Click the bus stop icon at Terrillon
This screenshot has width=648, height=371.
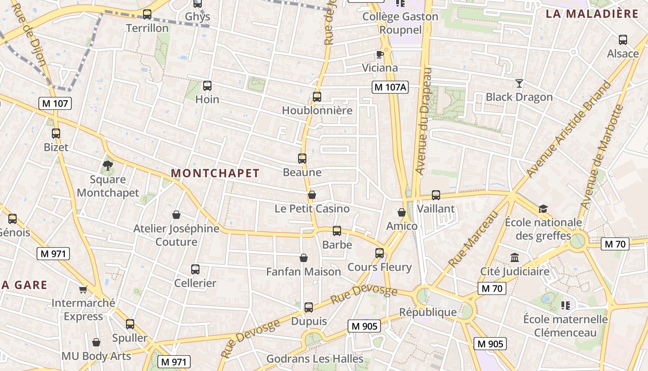(147, 14)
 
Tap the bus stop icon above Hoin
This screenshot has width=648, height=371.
(207, 86)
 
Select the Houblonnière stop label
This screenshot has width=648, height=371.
(317, 110)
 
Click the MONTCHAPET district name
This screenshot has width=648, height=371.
(215, 173)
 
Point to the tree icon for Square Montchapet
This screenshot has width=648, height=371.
(108, 166)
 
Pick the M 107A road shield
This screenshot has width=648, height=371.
(390, 87)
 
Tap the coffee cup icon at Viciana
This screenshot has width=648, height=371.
(380, 54)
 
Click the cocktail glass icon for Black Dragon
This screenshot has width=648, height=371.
(519, 83)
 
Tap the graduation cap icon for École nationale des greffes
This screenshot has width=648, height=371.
(543, 209)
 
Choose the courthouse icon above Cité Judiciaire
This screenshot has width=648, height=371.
(515, 258)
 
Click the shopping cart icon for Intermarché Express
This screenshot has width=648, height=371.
(83, 290)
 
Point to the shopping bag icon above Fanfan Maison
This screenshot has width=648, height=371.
(304, 258)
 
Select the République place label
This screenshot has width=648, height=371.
(428, 312)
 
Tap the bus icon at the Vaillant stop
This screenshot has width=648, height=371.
(436, 195)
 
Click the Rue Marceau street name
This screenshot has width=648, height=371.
(473, 239)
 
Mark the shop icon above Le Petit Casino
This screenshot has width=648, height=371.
(312, 195)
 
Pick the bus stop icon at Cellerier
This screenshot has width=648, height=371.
(195, 269)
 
